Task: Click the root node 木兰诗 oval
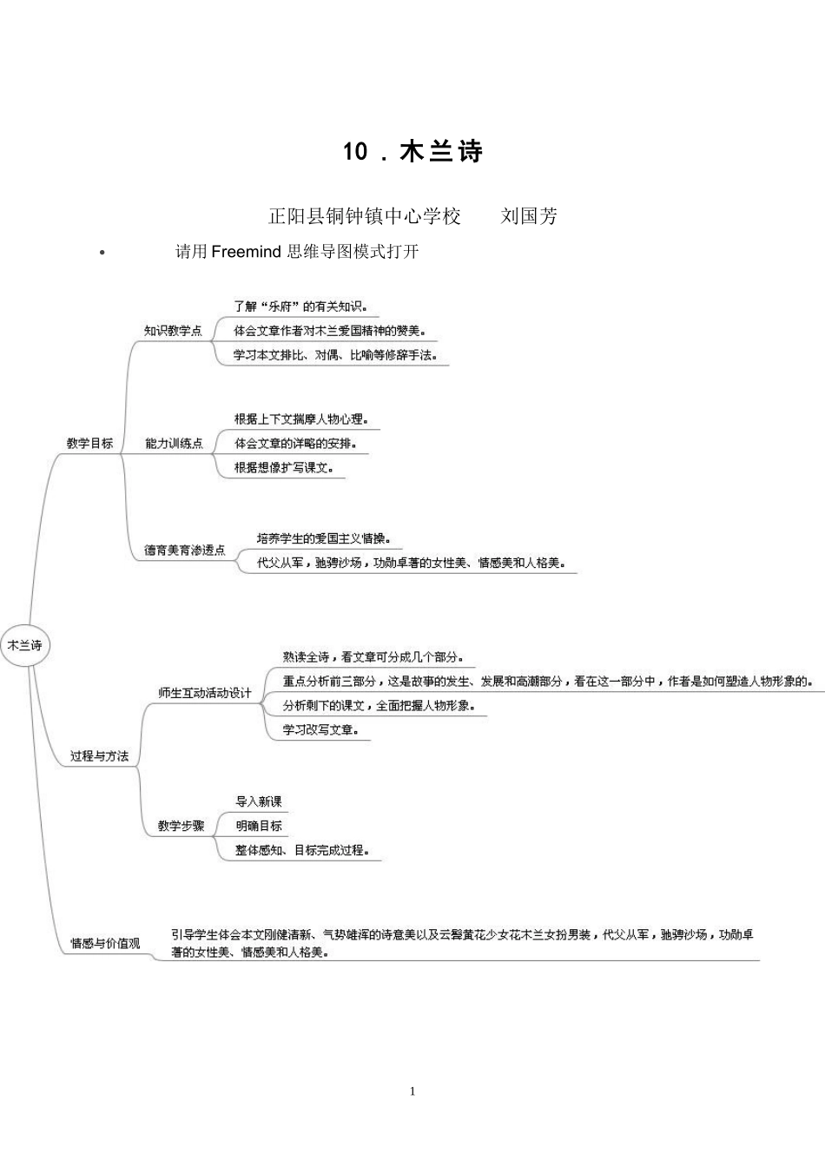(24, 645)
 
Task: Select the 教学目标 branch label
(89, 443)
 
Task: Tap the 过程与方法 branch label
(99, 756)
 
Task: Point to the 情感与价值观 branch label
(105, 943)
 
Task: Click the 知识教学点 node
(173, 331)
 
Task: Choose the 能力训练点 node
(174, 443)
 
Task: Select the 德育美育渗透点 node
(184, 551)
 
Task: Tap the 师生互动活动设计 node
(204, 693)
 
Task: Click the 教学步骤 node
(181, 826)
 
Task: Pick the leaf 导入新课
(259, 801)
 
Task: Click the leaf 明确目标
(259, 826)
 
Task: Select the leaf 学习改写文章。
(320, 730)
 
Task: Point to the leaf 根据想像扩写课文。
(284, 468)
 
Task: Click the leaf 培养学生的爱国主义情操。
(324, 538)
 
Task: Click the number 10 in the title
(356, 152)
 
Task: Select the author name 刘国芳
(529, 216)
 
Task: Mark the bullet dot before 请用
(102, 253)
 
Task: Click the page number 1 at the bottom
(412, 1091)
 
